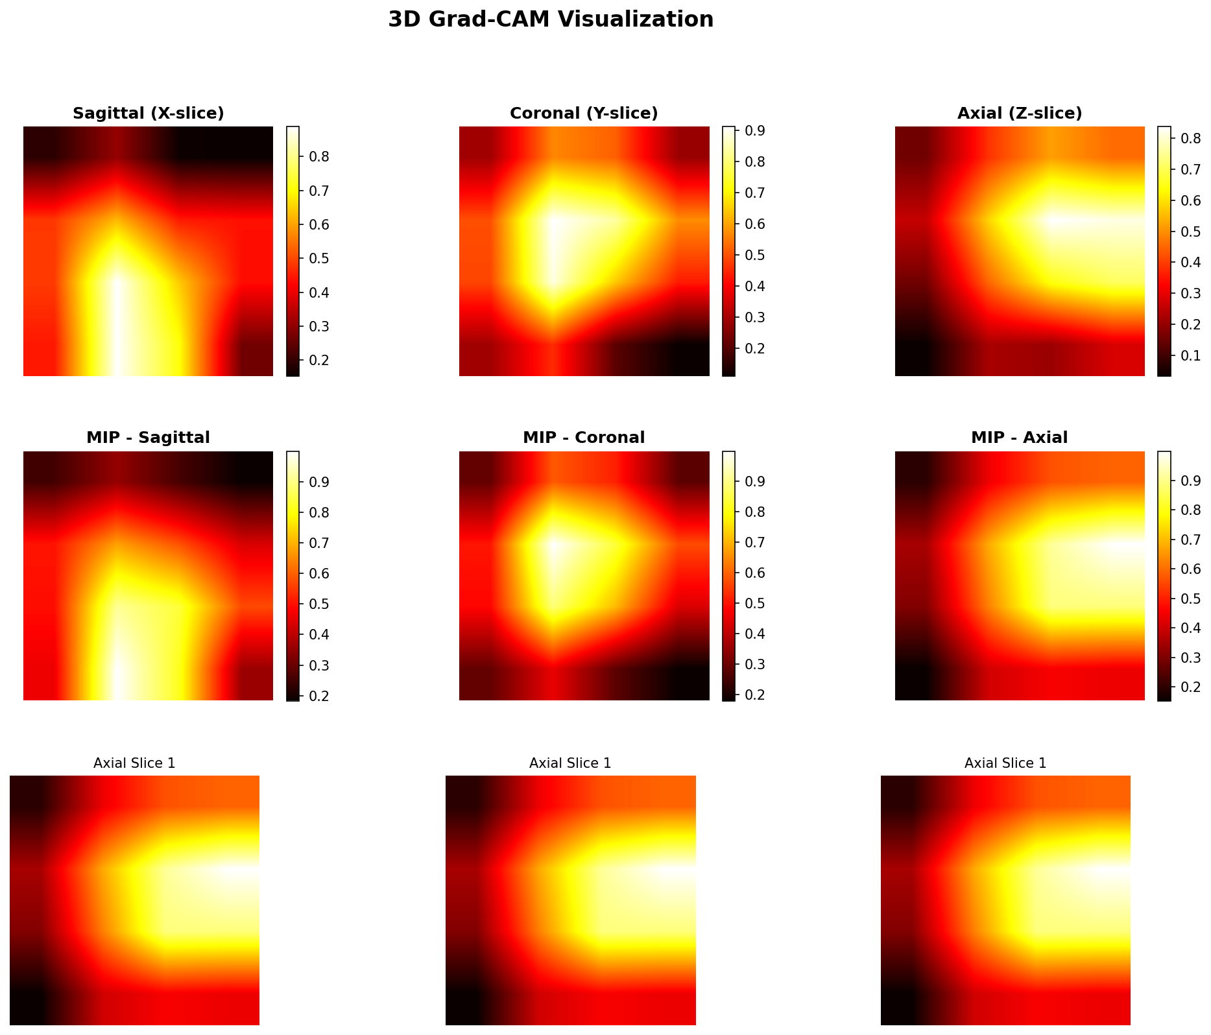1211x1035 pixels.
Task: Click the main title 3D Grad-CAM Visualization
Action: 550,19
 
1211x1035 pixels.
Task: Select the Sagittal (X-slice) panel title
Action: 148,113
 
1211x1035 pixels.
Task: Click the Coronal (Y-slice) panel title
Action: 584,113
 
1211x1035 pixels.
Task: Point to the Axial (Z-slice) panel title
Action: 1020,113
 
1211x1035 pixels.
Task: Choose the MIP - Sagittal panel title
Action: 148,438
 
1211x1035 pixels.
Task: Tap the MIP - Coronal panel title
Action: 584,438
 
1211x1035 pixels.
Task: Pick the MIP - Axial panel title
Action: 1020,438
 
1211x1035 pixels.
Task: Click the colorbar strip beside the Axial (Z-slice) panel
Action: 1164,251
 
